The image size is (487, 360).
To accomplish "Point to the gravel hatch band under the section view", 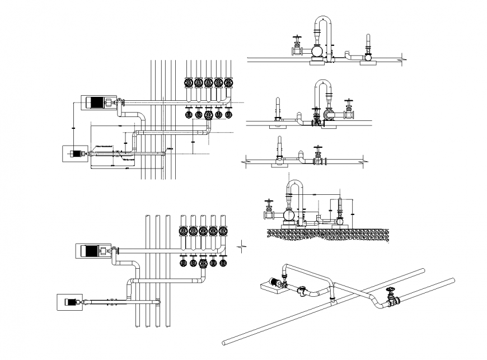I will click(x=327, y=234).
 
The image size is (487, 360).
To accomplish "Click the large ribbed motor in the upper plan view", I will click(x=97, y=102).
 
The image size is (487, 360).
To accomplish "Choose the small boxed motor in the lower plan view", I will click(x=70, y=302).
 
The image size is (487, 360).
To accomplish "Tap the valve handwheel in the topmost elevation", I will click(x=297, y=38).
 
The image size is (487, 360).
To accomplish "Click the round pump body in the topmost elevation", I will click(x=316, y=52).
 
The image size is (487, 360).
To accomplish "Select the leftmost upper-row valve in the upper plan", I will click(x=188, y=83).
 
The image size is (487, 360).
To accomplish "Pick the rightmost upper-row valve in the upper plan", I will click(x=228, y=83).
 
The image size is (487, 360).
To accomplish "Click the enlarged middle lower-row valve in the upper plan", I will click(x=208, y=115).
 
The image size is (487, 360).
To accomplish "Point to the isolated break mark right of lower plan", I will click(x=241, y=244).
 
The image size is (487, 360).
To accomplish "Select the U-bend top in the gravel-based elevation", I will click(x=295, y=183).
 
